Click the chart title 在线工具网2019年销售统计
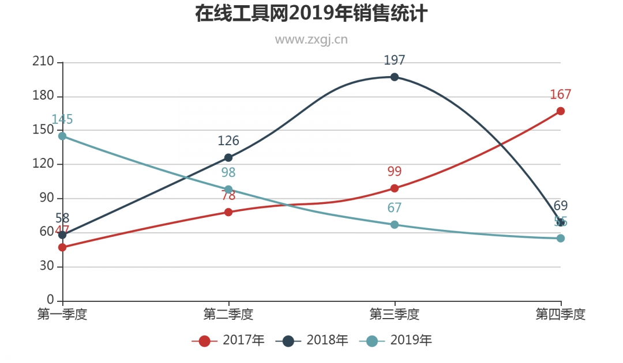311,13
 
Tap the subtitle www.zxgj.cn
311,39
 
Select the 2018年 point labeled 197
395,77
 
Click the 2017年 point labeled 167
561,111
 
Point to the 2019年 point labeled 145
62,136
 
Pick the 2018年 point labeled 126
228,157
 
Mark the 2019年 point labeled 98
228,190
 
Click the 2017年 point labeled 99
395,188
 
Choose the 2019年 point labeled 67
395,224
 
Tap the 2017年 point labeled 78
228,212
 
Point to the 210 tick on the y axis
43,62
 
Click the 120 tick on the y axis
43,164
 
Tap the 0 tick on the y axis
50,300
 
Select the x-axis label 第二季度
228,315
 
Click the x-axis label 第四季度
560,315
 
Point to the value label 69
561,206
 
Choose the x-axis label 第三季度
395,315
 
